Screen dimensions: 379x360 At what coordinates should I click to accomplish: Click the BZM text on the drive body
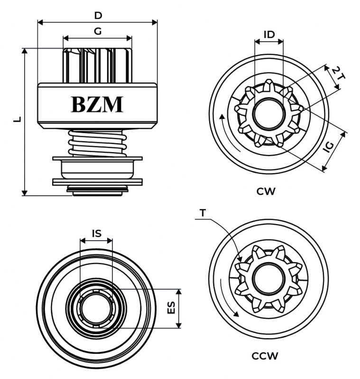97,104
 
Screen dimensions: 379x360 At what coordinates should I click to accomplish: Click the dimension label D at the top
98,15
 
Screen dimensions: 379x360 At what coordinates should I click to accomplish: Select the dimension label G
98,31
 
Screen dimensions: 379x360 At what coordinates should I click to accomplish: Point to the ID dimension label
269,34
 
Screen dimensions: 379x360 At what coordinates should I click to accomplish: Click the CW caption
266,191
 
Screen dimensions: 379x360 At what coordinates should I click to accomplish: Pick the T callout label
203,213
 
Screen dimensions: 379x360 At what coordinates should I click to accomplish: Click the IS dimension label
96,233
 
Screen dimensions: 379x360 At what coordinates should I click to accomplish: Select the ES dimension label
172,308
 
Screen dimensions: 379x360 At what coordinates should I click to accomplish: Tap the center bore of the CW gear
269,115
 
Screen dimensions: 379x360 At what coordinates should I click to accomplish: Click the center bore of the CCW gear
269,278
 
